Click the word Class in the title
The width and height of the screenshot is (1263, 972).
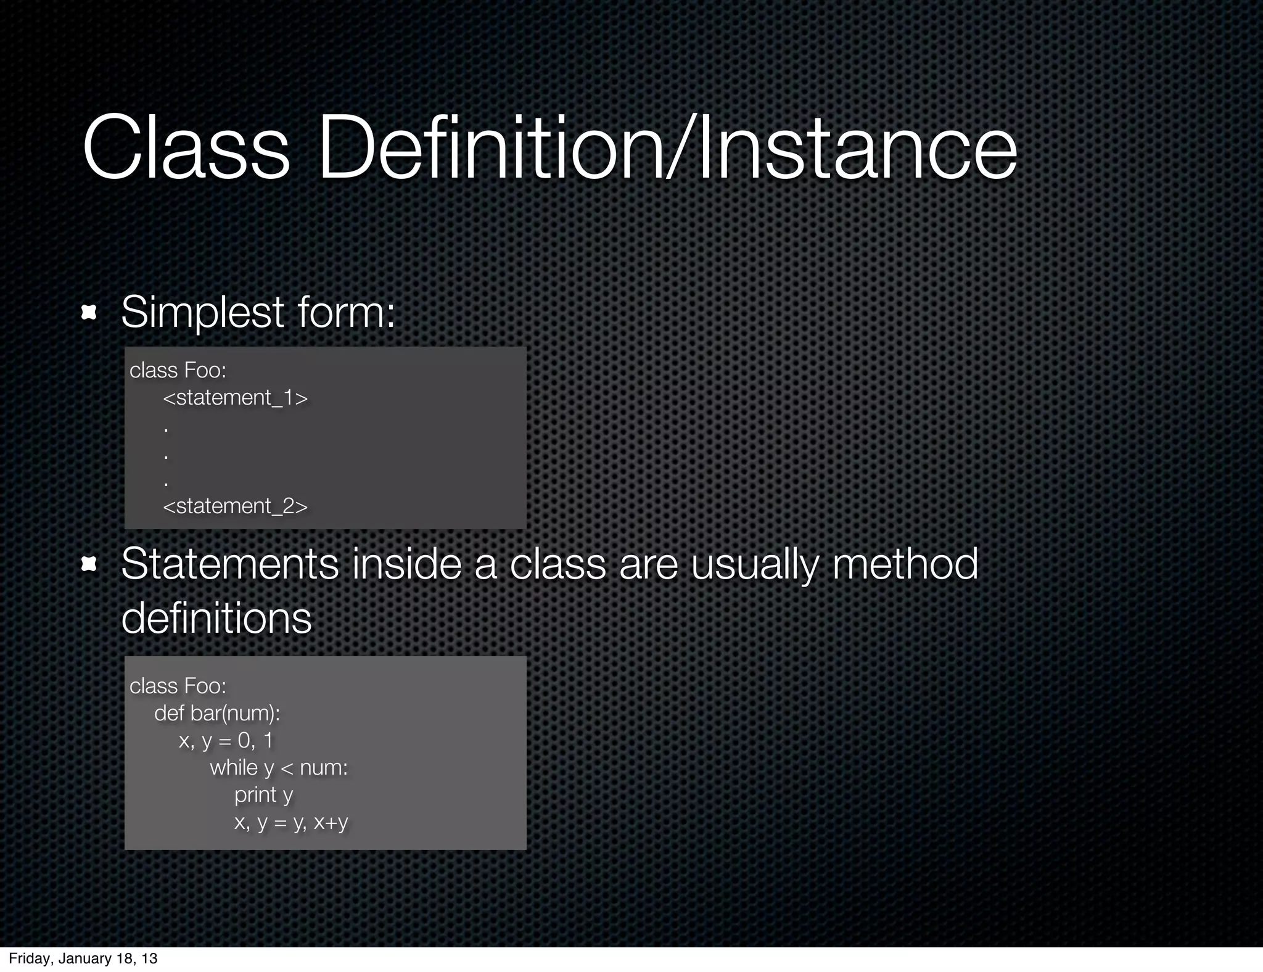186,150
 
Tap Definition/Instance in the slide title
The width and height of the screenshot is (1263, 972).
667,150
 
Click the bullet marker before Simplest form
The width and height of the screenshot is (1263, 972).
89,313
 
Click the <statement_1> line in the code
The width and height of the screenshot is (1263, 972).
235,398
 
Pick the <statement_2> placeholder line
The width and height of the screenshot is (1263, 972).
235,506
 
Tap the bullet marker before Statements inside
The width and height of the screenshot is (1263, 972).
89,564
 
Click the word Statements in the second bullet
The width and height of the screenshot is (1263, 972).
229,564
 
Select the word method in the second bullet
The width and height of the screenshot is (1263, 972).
905,564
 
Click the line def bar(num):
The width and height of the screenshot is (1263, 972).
217,714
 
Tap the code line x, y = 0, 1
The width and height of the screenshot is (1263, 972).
226,741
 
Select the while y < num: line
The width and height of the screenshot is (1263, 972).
279,768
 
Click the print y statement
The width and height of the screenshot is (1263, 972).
263,795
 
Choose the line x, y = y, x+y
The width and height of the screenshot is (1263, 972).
291,822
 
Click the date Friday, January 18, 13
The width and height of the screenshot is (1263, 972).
83,958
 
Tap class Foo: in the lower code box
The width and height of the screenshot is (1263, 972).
178,686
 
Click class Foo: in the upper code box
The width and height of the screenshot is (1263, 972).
178,370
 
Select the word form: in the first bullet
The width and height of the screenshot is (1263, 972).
346,313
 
